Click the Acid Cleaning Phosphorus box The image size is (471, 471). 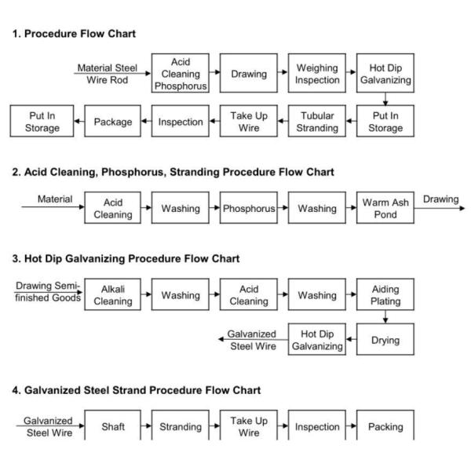click(x=181, y=74)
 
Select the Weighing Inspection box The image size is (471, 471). click(x=317, y=74)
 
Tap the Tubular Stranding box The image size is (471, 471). click(x=317, y=122)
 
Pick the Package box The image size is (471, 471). click(x=113, y=122)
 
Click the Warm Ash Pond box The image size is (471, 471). click(x=385, y=209)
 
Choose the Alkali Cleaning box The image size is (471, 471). click(x=113, y=295)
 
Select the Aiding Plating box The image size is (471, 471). click(x=385, y=295)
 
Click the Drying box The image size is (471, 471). click(x=385, y=340)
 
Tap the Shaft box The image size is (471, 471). click(x=113, y=426)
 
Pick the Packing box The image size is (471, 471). click(x=385, y=426)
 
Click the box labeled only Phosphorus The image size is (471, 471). click(x=249, y=209)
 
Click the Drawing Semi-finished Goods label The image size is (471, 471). click(x=48, y=292)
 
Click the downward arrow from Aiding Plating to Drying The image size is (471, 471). click(x=385, y=318)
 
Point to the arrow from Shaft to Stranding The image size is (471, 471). click(x=147, y=426)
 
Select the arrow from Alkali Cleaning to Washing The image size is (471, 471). click(x=147, y=295)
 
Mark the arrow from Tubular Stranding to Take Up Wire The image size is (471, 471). click(x=283, y=122)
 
